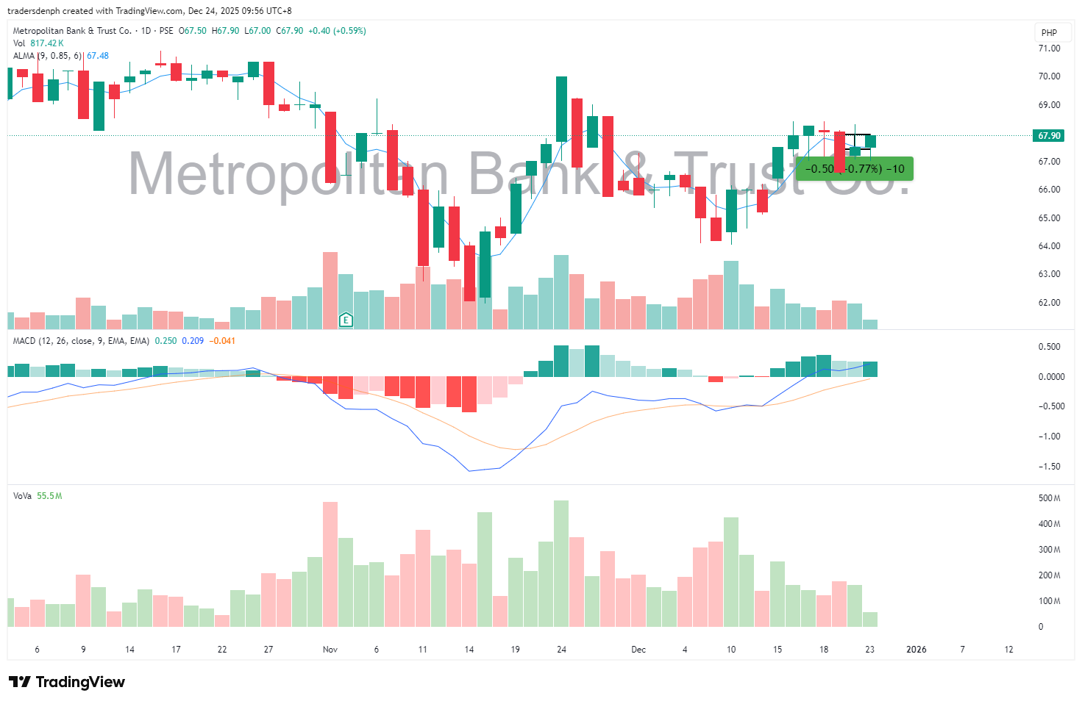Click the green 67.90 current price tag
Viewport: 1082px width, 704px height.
click(x=1049, y=136)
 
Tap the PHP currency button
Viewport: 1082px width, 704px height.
click(x=1049, y=32)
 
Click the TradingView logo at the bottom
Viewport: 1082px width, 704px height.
click(x=67, y=682)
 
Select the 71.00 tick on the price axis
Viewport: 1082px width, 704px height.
click(x=1049, y=49)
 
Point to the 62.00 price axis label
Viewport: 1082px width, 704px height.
click(x=1049, y=303)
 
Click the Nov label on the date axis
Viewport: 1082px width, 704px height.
click(x=330, y=650)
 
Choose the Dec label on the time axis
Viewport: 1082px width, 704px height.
click(x=638, y=650)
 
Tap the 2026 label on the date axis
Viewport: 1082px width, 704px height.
click(x=917, y=650)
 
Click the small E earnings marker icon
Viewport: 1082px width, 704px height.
click(x=346, y=320)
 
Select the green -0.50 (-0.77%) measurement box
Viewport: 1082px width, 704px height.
click(x=855, y=169)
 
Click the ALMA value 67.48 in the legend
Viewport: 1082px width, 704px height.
click(x=98, y=56)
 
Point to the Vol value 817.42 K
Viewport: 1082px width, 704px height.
click(x=47, y=43)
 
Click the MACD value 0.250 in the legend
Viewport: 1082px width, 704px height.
click(x=165, y=341)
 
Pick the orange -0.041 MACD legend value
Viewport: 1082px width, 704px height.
click(x=222, y=341)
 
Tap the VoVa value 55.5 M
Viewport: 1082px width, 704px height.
click(x=49, y=496)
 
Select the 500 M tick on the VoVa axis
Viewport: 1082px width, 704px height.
click(x=1049, y=498)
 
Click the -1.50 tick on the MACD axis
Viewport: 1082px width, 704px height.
click(x=1049, y=467)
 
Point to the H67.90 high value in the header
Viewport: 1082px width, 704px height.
click(x=225, y=31)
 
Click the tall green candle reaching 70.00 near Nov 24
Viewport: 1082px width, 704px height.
click(x=562, y=109)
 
